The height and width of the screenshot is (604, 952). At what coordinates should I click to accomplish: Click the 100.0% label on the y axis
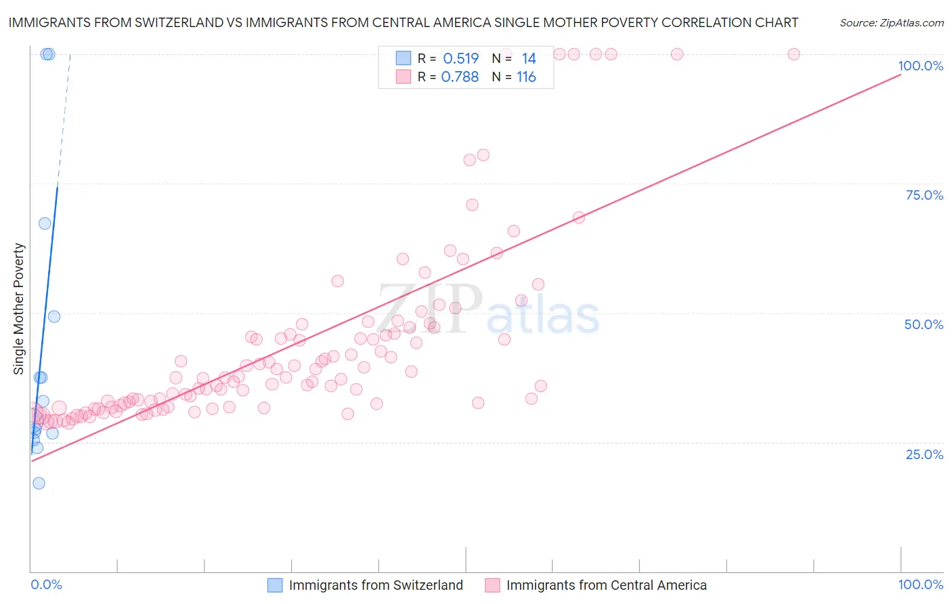(920, 66)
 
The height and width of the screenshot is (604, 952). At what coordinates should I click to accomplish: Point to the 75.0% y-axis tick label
(924, 195)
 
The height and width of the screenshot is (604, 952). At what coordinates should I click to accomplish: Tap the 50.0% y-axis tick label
(924, 324)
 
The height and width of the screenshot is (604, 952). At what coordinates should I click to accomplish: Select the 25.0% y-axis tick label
(924, 454)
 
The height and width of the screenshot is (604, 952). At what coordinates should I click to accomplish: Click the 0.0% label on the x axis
(46, 584)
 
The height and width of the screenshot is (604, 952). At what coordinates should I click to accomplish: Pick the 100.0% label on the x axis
(920, 584)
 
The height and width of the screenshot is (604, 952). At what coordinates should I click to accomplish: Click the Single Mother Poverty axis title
(19, 309)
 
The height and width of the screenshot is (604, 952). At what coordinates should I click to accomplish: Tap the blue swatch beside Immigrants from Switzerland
(275, 585)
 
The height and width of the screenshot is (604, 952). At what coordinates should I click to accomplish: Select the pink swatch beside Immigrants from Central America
(492, 585)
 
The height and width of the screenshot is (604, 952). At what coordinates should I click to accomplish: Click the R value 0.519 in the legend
(460, 59)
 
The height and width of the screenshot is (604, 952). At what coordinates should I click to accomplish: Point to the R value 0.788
(460, 77)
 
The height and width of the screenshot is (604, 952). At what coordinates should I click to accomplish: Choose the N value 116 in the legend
(526, 77)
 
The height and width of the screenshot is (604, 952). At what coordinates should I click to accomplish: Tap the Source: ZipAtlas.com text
(891, 22)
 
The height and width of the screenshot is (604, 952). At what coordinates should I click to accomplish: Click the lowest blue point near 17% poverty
(39, 483)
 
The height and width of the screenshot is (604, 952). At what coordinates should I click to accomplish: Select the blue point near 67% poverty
(45, 223)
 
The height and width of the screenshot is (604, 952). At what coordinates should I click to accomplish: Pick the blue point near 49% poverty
(54, 316)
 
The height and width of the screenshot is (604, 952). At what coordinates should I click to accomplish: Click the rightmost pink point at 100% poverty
(794, 54)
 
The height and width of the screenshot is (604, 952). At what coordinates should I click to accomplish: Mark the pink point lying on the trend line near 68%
(578, 217)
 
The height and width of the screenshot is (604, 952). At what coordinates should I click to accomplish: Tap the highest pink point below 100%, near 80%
(483, 155)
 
